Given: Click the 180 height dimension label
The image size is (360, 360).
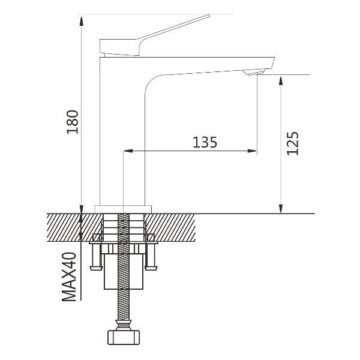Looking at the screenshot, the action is click(x=73, y=122).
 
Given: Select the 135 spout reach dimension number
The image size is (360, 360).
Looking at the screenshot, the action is click(x=205, y=142).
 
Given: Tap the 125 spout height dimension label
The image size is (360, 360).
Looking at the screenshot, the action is click(x=293, y=143).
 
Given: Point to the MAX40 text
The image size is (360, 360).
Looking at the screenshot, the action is click(x=69, y=277).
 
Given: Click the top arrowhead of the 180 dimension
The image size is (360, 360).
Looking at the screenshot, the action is click(x=81, y=21).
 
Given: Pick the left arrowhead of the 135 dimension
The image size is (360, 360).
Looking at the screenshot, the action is click(x=128, y=151).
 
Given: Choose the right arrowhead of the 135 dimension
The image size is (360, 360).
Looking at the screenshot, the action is click(x=251, y=151).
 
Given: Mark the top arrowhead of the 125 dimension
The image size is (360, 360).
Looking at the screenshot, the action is click(x=280, y=82).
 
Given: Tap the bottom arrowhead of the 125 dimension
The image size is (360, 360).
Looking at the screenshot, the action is click(x=280, y=208).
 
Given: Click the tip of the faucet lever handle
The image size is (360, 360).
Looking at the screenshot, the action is click(x=209, y=16).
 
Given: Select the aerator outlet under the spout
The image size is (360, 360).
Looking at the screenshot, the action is click(x=253, y=72).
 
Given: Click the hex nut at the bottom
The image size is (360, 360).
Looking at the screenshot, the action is click(x=124, y=337).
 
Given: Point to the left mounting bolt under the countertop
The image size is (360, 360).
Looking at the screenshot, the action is click(x=96, y=257).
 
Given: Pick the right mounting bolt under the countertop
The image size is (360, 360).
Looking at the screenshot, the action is click(x=151, y=257).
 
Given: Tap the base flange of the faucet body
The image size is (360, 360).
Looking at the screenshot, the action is click(x=123, y=209).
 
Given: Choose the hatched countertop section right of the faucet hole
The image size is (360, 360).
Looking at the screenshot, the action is click(x=170, y=227).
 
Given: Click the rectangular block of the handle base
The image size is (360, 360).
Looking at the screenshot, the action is click(x=119, y=47).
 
